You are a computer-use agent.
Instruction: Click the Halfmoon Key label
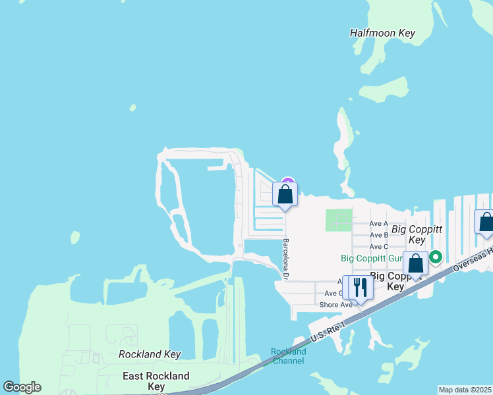click(382, 33)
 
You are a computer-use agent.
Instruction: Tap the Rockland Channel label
click(288, 356)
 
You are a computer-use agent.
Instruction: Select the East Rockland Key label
click(156, 381)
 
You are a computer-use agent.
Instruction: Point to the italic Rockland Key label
click(150, 354)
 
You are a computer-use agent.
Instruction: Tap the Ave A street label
click(379, 224)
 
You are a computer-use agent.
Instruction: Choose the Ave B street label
click(379, 235)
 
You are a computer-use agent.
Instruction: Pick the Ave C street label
click(379, 246)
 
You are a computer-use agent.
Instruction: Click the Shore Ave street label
click(335, 305)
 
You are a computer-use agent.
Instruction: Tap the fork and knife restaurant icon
click(360, 288)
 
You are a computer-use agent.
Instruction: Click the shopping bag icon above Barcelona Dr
click(285, 195)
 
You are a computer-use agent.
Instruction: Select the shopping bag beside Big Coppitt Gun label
click(415, 264)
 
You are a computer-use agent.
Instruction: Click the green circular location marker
click(435, 257)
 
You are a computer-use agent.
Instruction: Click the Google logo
click(22, 387)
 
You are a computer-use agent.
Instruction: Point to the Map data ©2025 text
click(465, 390)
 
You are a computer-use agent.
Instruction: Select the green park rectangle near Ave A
click(338, 220)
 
